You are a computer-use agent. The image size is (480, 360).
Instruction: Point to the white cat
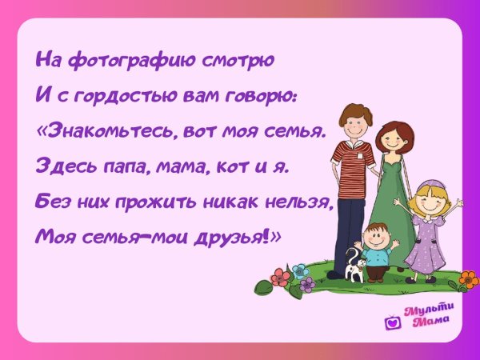click(354, 267)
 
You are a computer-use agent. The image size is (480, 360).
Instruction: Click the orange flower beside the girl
click(468, 279)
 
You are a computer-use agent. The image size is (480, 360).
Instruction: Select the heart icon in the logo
click(392, 322)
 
